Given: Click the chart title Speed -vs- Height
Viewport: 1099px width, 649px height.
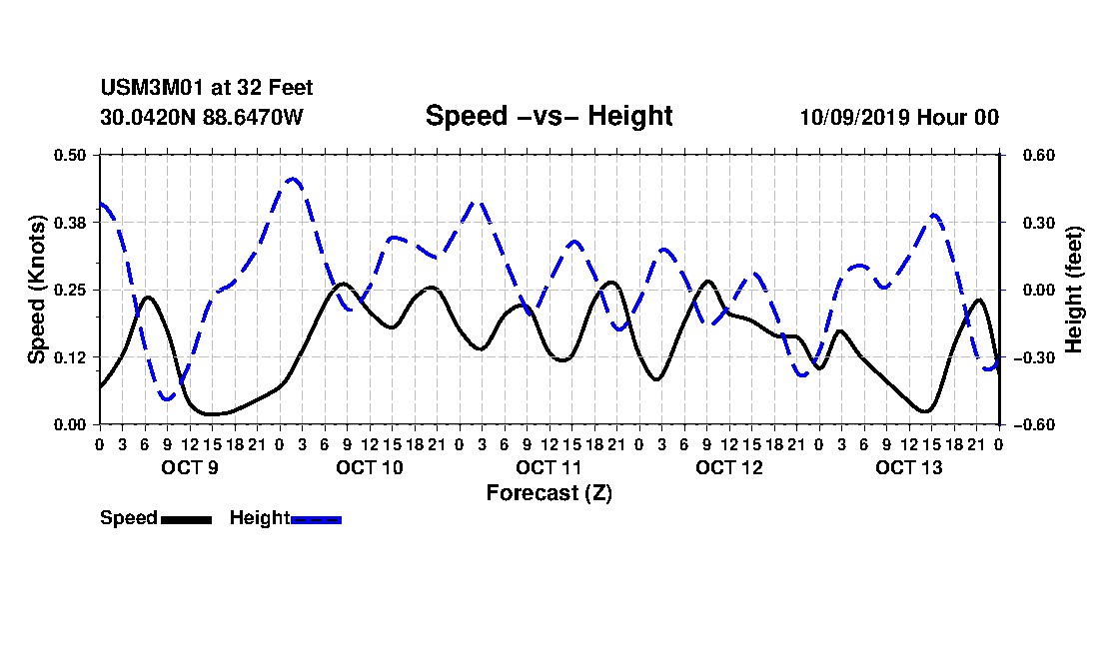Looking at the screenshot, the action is coord(549,116).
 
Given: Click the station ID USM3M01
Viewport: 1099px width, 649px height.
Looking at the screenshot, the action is coord(152,88).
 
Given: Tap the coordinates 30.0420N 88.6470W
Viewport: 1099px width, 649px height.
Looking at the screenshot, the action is coord(202,117).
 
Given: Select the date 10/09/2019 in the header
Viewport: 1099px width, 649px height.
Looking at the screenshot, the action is coord(854,117).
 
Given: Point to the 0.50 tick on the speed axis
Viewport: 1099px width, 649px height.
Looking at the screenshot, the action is coord(70,155).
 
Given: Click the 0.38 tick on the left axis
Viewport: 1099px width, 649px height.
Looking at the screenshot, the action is coord(70,223).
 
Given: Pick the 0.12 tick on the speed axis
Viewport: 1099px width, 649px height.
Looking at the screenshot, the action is coord(70,357).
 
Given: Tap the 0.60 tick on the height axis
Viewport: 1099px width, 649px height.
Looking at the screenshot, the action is coord(1039,155).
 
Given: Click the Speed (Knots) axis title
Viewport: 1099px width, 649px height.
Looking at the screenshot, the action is coord(36,290).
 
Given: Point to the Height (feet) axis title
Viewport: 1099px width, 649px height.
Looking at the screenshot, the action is coord(1074,290).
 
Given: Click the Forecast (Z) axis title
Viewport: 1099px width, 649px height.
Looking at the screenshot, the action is coord(549,493).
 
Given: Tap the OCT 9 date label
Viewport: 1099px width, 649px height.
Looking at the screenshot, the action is coord(190,467).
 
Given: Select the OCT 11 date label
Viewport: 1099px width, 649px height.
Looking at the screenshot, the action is coord(549,467).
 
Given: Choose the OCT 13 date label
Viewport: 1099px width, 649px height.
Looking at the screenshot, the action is coord(909,467).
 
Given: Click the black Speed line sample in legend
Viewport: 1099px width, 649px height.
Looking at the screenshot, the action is coord(186,519).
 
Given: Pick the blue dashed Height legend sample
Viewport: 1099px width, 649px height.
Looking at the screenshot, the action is coord(316,519).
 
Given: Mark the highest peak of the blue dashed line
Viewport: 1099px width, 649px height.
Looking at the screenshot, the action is coord(293,180).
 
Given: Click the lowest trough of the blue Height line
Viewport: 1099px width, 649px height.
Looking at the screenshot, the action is coord(167,398).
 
